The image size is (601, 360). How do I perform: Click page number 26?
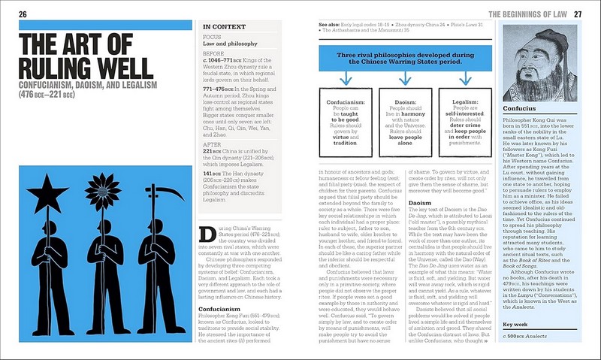[23, 14]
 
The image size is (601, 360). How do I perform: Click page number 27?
[578, 14]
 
